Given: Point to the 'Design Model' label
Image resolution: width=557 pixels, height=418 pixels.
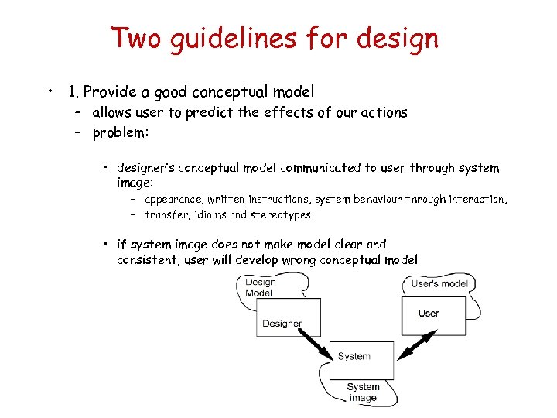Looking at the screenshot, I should (260, 288).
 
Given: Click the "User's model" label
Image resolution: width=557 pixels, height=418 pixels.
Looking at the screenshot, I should (439, 284).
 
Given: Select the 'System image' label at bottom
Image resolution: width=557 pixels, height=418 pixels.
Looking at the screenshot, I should (362, 392).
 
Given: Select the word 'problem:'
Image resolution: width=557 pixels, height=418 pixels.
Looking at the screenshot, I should (121, 132).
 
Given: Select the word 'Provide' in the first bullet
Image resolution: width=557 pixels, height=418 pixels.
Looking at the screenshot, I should (109, 92).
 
